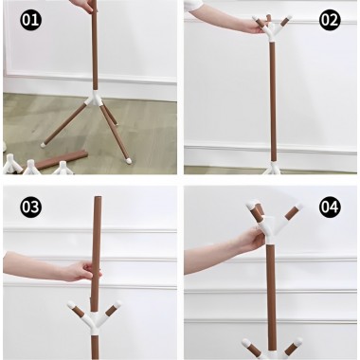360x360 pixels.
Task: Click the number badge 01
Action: click(31, 19)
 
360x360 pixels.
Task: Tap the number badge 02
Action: click(329, 19)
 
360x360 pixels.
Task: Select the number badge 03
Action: click(31, 206)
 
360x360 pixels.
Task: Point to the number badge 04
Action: click(329, 206)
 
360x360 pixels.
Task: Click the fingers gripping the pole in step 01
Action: click(86, 6)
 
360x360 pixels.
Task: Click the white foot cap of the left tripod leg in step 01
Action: click(44, 144)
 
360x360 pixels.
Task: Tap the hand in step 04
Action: click(237, 244)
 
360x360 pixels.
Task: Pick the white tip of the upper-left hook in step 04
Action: click(253, 204)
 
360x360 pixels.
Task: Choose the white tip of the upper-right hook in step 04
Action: click(298, 207)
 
